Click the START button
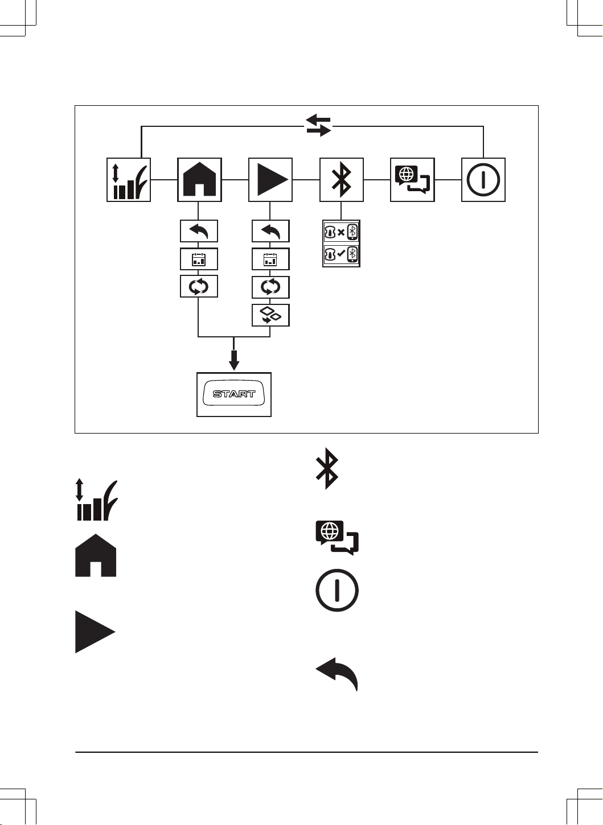(x=234, y=394)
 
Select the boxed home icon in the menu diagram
(x=199, y=180)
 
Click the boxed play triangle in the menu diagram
(x=270, y=180)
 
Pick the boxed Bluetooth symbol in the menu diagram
(x=342, y=180)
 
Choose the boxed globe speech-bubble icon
(x=412, y=180)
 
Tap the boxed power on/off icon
(x=483, y=180)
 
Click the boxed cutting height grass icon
(x=129, y=180)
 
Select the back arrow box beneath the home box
(x=199, y=231)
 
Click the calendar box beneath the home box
(x=199, y=259)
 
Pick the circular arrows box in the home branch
(x=199, y=286)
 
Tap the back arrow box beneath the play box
(x=270, y=231)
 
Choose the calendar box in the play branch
(x=270, y=259)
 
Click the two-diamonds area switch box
(x=270, y=315)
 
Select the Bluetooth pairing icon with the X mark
(x=341, y=232)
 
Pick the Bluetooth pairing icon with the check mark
(x=341, y=254)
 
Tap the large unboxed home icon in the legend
(x=96, y=555)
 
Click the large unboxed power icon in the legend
(x=337, y=590)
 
